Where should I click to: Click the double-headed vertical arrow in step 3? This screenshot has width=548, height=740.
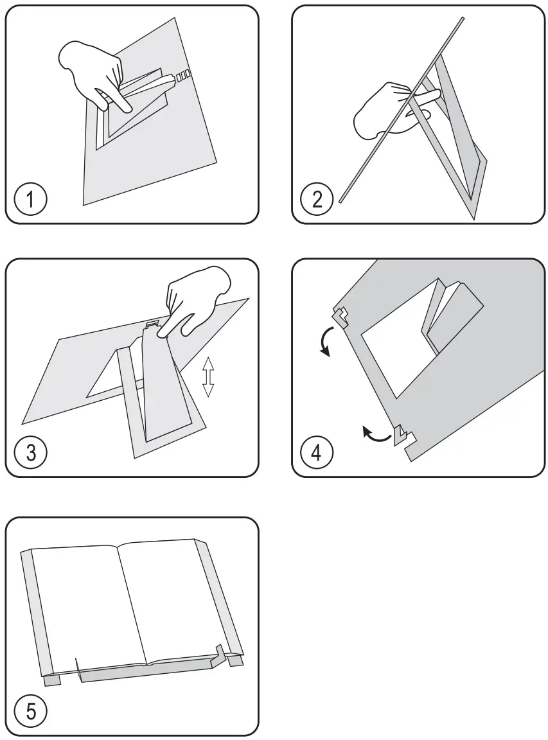208,377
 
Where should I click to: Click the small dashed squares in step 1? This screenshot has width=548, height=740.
184,75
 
